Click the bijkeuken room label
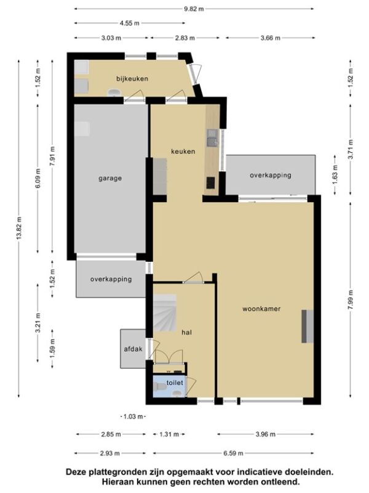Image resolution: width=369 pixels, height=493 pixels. [x=132, y=79]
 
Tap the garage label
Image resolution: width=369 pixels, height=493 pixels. [x=110, y=178]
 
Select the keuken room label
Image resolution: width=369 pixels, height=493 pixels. [x=183, y=151]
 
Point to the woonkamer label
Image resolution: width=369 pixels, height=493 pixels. [x=261, y=309]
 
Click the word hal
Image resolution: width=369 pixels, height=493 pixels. [x=187, y=332]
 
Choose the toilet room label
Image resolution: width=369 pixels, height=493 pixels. [x=175, y=383]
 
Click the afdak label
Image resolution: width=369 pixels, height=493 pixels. [x=133, y=349]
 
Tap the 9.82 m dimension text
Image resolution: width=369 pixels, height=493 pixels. [x=194, y=9]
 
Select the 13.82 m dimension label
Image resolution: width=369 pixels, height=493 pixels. [x=19, y=228]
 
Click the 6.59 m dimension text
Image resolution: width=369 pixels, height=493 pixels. [x=233, y=453]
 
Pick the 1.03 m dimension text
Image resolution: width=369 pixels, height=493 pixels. [x=133, y=417]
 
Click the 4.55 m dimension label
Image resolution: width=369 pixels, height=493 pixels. [x=130, y=23]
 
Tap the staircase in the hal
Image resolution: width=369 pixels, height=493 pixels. [x=165, y=313]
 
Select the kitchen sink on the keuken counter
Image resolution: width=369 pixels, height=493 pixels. [x=212, y=137]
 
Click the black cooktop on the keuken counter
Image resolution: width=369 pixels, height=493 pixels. [x=210, y=182]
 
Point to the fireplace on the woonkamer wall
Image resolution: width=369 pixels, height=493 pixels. [x=307, y=326]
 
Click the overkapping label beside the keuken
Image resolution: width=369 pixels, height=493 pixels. [x=271, y=175]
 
